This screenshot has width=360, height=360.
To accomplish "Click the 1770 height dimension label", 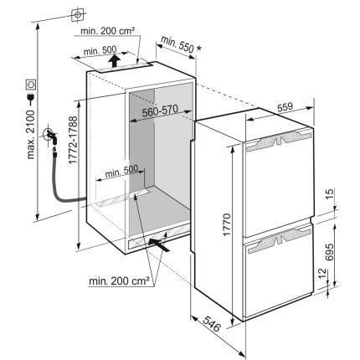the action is [x=227, y=224].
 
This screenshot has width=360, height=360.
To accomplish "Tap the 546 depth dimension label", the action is [x=212, y=324].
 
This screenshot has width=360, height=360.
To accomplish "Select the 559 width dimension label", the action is [x=285, y=107].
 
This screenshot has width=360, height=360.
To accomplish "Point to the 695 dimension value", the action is [x=329, y=252].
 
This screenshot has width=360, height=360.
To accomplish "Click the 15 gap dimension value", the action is [x=330, y=193].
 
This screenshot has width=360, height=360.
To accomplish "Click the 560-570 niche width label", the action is [x=160, y=111].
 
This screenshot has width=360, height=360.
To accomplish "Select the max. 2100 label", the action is [x=30, y=135].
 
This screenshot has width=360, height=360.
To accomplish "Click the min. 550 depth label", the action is [x=177, y=44].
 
